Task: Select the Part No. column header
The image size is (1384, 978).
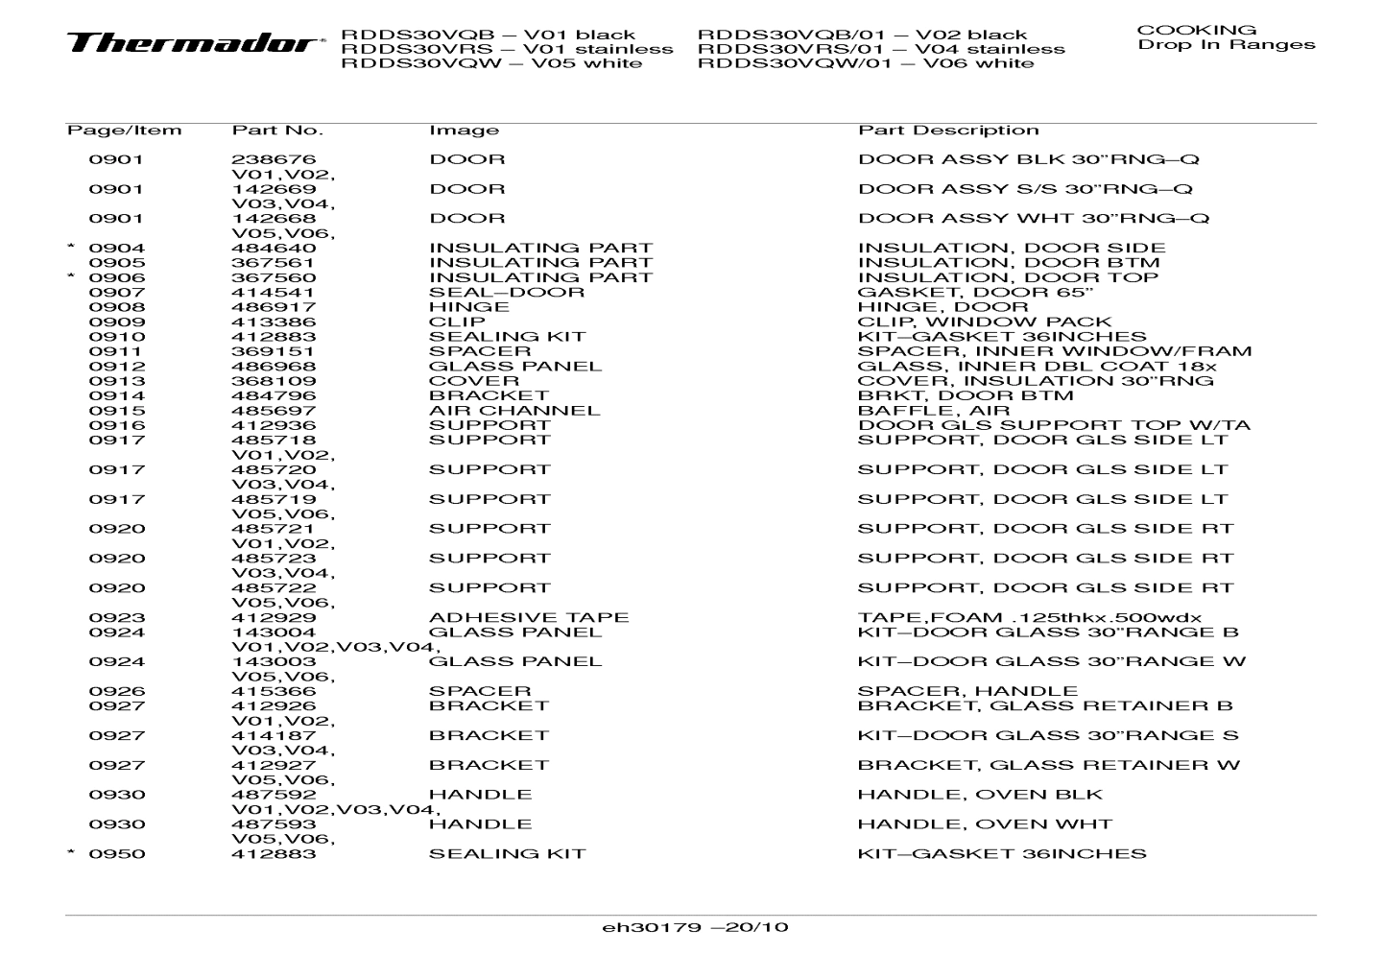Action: click(277, 131)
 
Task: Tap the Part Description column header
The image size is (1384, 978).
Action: click(947, 131)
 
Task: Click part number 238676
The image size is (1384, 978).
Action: click(274, 159)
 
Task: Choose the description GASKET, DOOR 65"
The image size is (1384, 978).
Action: click(975, 293)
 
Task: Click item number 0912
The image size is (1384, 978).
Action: click(117, 367)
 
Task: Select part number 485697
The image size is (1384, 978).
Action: click(274, 411)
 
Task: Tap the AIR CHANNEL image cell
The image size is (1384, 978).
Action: click(514, 411)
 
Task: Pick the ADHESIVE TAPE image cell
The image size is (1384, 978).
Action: click(529, 618)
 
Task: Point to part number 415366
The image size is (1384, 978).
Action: click(274, 691)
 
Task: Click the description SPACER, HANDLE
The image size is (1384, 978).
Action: click(966, 691)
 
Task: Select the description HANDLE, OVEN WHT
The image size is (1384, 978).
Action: click(984, 824)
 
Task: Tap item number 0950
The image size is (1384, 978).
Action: click(117, 854)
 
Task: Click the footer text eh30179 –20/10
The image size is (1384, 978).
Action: click(695, 928)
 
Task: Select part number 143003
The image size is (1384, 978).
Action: click(274, 661)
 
